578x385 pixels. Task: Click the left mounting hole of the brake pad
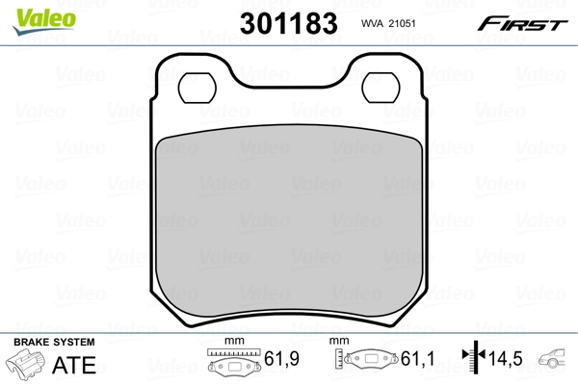coord(198,88)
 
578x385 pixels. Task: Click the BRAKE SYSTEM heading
coord(54,343)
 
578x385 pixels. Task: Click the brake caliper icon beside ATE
coord(26,366)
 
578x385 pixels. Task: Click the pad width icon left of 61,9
coord(234,363)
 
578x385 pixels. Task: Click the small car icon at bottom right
coord(557,359)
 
